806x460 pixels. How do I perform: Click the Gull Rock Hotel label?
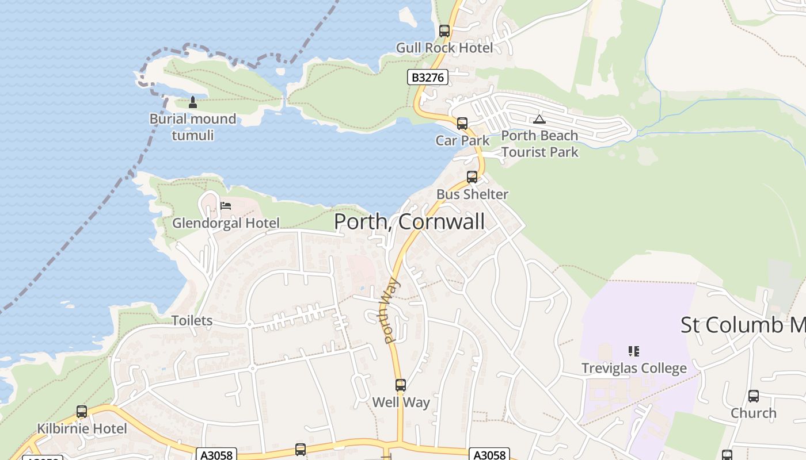coord(444,48)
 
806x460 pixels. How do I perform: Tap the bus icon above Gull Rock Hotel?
coord(444,31)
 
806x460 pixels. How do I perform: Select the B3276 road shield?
coord(427,77)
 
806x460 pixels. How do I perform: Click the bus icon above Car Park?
coord(462,124)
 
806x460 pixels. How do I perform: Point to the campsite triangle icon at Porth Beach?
coord(539,119)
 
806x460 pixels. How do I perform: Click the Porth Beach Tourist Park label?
coord(539,144)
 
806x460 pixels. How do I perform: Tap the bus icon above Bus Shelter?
coord(472,177)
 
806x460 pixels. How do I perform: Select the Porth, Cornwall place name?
coord(409,222)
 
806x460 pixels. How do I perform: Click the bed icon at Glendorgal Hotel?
coord(226,206)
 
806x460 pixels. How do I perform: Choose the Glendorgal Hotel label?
coord(226,223)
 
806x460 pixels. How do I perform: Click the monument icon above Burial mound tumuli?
coord(193,102)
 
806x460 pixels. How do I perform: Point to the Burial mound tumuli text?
coord(193,127)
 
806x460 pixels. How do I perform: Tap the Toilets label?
coord(192,321)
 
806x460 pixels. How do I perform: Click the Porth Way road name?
coord(390,310)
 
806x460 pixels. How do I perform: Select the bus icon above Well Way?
coord(401,385)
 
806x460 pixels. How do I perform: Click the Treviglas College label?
coord(634,369)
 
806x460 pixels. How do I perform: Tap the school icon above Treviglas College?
coord(634,351)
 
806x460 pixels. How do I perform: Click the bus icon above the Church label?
coord(753,396)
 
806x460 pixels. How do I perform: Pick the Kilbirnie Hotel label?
coord(82,429)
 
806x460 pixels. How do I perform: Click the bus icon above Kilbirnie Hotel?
coord(82,412)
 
